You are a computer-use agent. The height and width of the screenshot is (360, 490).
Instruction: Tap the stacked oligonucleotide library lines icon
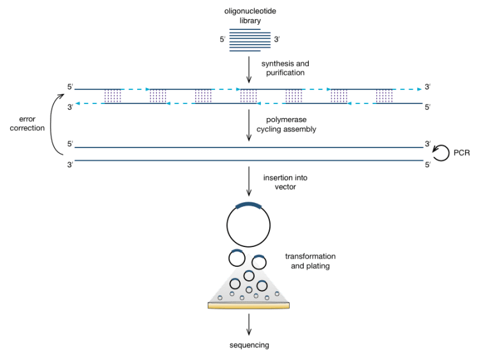tap(249, 41)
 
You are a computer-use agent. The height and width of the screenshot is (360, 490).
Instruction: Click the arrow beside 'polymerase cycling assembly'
tap(249, 124)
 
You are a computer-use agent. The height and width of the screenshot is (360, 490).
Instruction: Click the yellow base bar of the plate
tap(249, 306)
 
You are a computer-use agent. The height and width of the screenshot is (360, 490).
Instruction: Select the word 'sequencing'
tap(249, 345)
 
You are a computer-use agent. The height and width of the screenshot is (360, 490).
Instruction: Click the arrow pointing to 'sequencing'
tap(249, 324)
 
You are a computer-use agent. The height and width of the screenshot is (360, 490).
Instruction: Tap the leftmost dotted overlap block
tap(112, 96)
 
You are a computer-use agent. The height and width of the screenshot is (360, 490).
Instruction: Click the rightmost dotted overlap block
tap(384, 96)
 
